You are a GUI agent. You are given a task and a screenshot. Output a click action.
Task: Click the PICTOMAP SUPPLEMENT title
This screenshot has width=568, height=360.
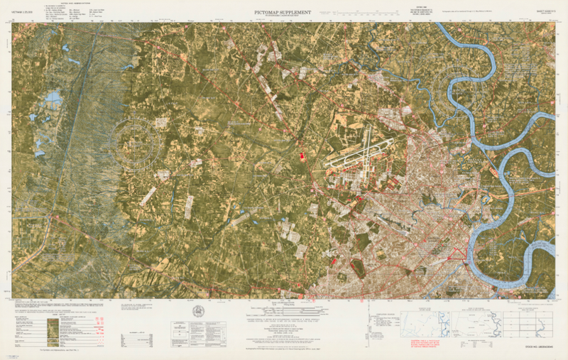pos(283,12)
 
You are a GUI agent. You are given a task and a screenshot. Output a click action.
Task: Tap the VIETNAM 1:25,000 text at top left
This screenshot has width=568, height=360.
pos(23,12)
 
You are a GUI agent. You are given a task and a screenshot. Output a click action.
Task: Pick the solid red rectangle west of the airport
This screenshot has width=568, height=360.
pos(299,154)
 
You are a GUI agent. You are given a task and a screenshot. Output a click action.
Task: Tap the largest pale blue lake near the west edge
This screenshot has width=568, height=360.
pos(53,97)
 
